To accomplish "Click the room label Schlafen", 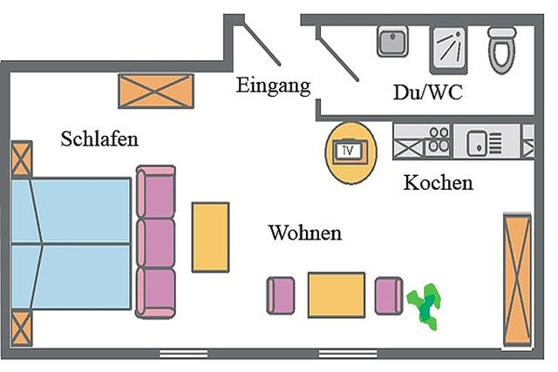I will pyautogui.click(x=99, y=139).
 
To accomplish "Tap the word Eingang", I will pyautogui.click(x=273, y=85).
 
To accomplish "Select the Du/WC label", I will pyautogui.click(x=427, y=92).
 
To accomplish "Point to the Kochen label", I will pyautogui.click(x=438, y=183).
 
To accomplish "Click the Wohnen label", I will pyautogui.click(x=304, y=233).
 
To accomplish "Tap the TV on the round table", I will pyautogui.click(x=350, y=152).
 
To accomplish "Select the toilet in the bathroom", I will pyautogui.click(x=503, y=49).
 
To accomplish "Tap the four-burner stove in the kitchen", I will pyautogui.click(x=437, y=141).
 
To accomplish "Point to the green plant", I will pyautogui.click(x=425, y=305).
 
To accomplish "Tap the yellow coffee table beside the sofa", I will pyautogui.click(x=210, y=236).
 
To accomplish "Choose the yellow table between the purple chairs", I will pyautogui.click(x=336, y=294).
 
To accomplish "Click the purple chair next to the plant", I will pyautogui.click(x=388, y=294).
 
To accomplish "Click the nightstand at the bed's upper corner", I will pyautogui.click(x=21, y=159).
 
